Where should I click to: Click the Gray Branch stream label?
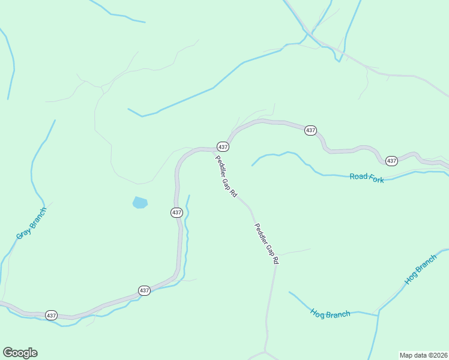click(31, 223)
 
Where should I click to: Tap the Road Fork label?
click(367, 176)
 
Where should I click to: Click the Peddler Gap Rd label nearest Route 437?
click(226, 177)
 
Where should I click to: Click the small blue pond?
click(140, 202)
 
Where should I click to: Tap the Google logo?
click(20, 353)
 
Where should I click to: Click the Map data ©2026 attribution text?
click(423, 355)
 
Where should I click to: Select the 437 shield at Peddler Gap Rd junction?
click(223, 147)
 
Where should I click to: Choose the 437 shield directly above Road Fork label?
click(391, 161)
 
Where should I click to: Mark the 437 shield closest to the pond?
click(176, 212)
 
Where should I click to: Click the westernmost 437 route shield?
click(51, 315)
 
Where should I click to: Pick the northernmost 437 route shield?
click(310, 130)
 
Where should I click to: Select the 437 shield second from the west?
click(144, 290)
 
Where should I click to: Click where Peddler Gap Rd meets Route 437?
click(215, 150)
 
